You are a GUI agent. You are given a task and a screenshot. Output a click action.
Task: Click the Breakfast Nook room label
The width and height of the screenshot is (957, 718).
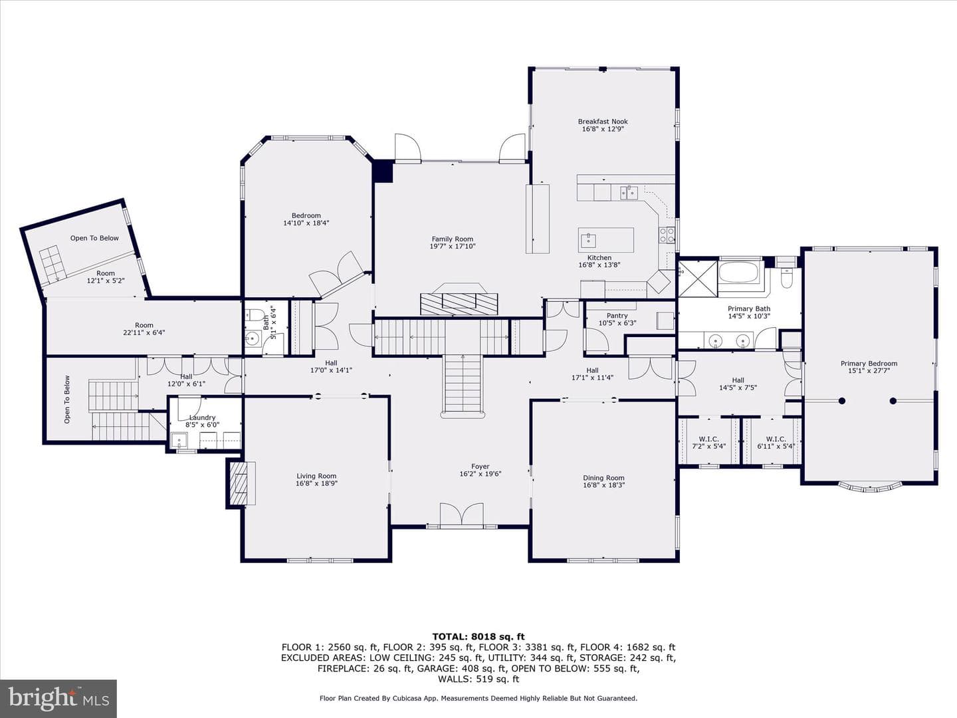pos(603,122)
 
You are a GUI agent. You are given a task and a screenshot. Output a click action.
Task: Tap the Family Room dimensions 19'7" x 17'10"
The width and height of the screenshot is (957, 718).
pos(453,246)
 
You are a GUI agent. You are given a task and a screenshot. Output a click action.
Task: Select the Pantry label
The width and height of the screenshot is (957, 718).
pos(617,316)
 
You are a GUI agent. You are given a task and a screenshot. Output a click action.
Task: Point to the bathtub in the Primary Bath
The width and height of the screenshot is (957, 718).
pos(739,272)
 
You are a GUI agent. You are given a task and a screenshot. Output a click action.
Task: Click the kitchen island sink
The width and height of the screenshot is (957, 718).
pos(589,239)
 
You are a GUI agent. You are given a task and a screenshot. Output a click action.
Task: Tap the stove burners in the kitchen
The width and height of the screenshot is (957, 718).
pos(666,235)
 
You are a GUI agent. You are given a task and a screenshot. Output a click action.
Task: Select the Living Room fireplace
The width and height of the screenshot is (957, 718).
pos(240,483)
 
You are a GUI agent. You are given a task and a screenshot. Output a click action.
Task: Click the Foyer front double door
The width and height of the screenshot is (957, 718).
pos(461,515)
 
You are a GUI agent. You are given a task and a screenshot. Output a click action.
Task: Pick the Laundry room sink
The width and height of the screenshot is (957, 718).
pos(179,441)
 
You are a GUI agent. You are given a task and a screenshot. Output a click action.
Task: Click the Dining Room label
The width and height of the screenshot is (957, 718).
pos(604,478)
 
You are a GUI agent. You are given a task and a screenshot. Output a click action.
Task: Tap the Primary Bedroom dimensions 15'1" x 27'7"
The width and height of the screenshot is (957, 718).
pos(869,371)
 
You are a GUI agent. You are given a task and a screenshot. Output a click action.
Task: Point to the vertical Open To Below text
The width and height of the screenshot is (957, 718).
pos(66,400)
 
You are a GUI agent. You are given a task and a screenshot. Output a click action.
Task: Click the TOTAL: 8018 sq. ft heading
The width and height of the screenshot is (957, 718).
pos(478,637)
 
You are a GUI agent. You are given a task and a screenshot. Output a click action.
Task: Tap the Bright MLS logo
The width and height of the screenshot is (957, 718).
pos(58,699)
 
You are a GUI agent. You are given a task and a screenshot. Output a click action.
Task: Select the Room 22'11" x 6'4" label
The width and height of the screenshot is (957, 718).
pos(144,328)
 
